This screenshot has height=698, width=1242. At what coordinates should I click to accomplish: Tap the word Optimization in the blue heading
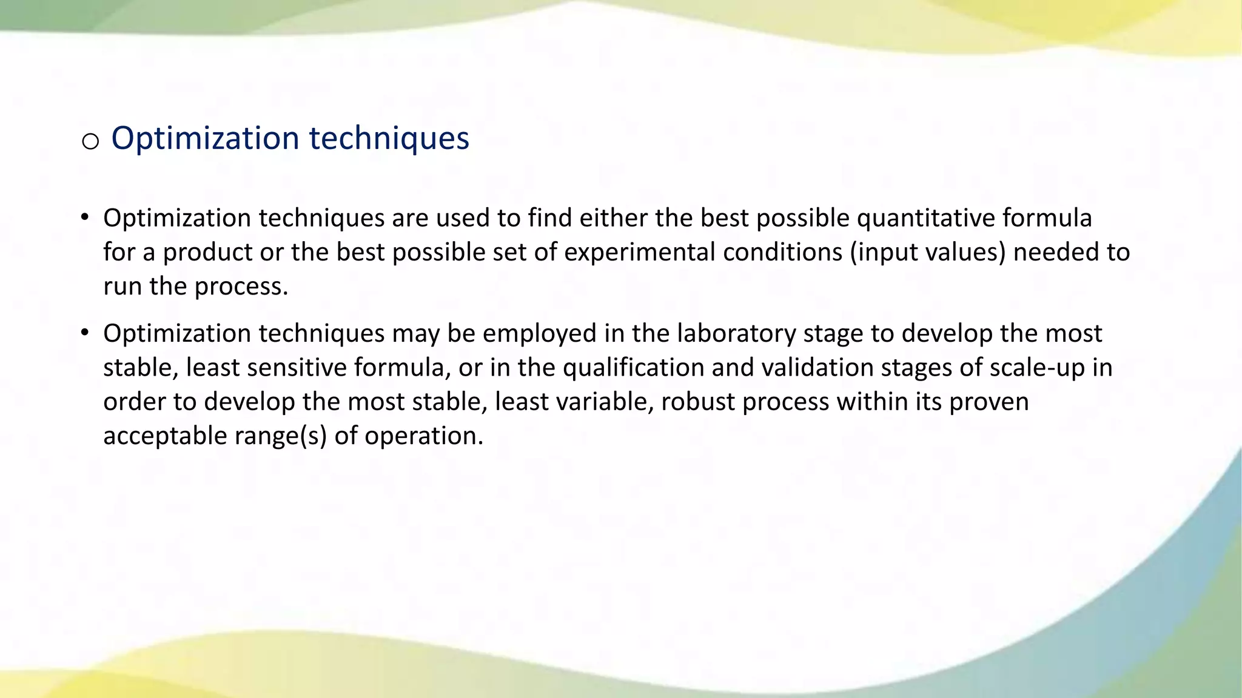point(206,139)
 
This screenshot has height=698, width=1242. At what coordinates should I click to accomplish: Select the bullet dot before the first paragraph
point(85,217)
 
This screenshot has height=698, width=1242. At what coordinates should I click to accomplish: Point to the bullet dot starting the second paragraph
point(85,333)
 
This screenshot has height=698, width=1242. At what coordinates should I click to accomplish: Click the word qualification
point(633,368)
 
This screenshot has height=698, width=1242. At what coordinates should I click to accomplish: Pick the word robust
point(697,402)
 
